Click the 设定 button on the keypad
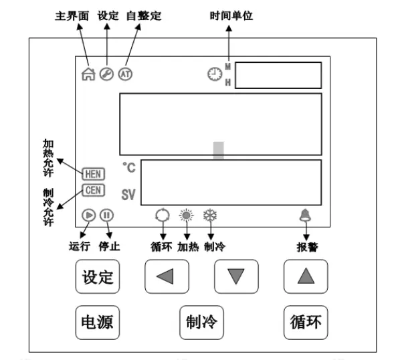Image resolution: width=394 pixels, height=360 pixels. [98, 276]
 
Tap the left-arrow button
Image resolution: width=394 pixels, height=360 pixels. [167, 276]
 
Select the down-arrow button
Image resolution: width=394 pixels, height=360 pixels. [236, 276]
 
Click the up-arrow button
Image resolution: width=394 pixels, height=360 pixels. [306, 276]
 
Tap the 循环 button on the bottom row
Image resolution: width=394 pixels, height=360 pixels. [306, 323]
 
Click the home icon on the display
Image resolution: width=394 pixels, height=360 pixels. [88, 74]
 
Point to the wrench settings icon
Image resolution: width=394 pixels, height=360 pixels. [106, 74]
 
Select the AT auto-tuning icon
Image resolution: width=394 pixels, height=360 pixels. [125, 74]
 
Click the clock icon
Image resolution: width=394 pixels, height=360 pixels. [215, 74]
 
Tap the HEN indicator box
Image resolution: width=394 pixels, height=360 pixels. [93, 174]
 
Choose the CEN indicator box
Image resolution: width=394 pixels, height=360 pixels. [93, 190]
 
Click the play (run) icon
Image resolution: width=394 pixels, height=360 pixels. [89, 215]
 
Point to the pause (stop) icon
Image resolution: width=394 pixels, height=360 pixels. [107, 215]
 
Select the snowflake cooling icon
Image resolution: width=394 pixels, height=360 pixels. [210, 215]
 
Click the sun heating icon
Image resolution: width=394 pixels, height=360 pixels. [186, 215]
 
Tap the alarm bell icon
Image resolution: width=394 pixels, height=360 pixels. [305, 215]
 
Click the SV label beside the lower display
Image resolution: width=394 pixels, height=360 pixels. [128, 195]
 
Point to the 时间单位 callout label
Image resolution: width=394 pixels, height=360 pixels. [231, 15]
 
